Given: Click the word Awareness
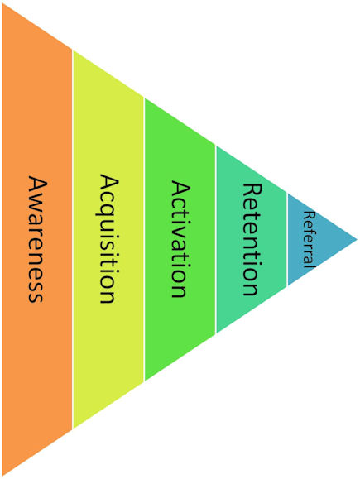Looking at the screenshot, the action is tap(37, 239).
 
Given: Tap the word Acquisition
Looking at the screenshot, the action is tap(108, 238).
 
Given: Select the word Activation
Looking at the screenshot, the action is tap(180, 239).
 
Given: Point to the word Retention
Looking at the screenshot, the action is tap(252, 239).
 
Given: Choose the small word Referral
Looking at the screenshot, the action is tap(309, 239).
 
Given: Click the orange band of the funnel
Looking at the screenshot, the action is tap(37, 239).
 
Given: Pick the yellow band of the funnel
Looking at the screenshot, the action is tap(108, 239).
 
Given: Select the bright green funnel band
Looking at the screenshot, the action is tap(180, 239).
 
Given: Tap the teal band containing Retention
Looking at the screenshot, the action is tap(252, 239).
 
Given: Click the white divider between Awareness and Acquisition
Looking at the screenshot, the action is tap(73, 239).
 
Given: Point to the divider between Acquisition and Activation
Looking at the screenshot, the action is tap(144, 239).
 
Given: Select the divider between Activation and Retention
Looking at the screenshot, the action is tap(216, 239).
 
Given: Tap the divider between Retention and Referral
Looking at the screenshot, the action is tap(287, 239).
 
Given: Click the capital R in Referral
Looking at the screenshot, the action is tap(309, 215).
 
